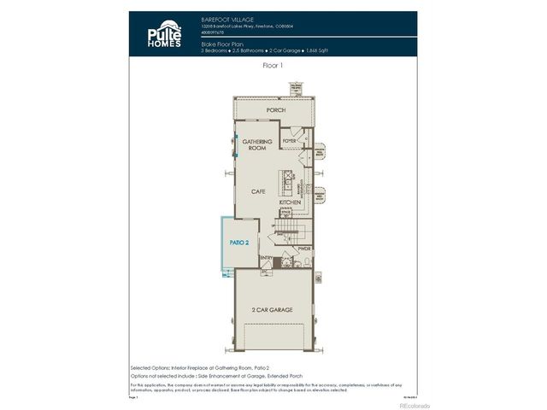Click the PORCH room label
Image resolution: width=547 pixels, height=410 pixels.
(x=275, y=110)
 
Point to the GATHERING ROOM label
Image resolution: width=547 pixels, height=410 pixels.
(x=256, y=144)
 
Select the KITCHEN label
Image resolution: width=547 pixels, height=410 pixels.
(x=303, y=202)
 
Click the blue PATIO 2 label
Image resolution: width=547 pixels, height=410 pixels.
(x=238, y=243)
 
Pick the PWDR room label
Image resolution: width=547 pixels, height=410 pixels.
(x=305, y=249)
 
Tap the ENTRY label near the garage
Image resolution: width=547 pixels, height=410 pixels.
(x=265, y=257)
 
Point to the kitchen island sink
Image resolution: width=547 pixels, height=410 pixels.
(x=290, y=181)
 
